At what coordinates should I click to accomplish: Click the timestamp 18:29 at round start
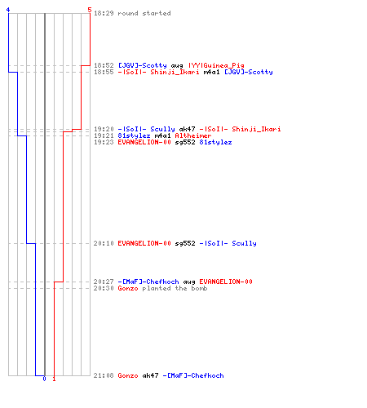pyautogui.click(x=104, y=13)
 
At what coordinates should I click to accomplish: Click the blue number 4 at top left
pyautogui.click(x=8, y=10)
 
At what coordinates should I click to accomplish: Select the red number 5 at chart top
pyautogui.click(x=90, y=10)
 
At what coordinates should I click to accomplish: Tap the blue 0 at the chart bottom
pyautogui.click(x=44, y=379)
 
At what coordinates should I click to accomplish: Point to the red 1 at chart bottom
pyautogui.click(x=54, y=379)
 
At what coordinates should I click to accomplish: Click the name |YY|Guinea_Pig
pyautogui.click(x=216, y=65)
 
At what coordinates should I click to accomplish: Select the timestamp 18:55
pyautogui.click(x=104, y=72)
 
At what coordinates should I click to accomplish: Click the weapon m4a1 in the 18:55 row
pyautogui.click(x=211, y=72)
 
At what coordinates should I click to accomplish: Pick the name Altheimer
pyautogui.click(x=193, y=135)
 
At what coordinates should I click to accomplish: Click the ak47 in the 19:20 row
pyautogui.click(x=187, y=129)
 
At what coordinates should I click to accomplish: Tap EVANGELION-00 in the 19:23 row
pyautogui.click(x=144, y=142)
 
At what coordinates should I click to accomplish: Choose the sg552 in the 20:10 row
pyautogui.click(x=185, y=243)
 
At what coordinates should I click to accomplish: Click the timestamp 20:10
pyautogui.click(x=104, y=243)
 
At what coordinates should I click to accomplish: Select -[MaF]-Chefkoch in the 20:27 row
pyautogui.click(x=148, y=282)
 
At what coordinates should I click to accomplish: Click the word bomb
pyautogui.click(x=199, y=288)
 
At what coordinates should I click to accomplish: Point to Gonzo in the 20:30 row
pyautogui.click(x=128, y=288)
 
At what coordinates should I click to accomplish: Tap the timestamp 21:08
pyautogui.click(x=104, y=375)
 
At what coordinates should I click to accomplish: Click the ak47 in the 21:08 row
pyautogui.click(x=150, y=375)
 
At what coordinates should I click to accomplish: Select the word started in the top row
pyautogui.click(x=157, y=13)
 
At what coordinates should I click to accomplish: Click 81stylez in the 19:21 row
pyautogui.click(x=134, y=135)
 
